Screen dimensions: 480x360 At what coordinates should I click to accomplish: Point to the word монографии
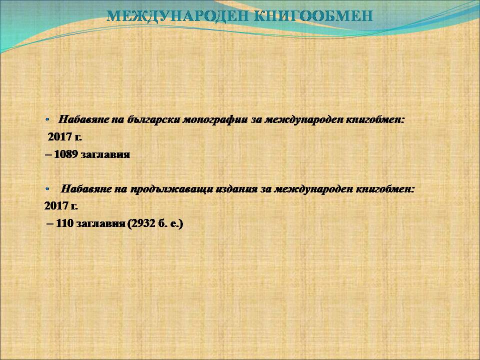pos(215,119)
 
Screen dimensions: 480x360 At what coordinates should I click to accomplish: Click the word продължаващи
pos(171,189)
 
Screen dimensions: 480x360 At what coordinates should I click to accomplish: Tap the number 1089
pos(66,154)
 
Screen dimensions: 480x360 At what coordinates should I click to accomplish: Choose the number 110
pos(64,223)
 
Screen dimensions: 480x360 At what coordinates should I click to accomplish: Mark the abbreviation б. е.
pos(168,223)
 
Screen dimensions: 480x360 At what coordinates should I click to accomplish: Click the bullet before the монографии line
pos(47,119)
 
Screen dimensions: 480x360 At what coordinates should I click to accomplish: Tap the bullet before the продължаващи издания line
pos(47,189)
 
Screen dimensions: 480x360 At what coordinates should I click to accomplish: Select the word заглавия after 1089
pos(105,154)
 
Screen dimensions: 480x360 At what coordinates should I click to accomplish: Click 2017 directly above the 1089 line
pos(65,136)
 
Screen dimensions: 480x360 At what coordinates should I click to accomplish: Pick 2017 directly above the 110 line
pos(61,205)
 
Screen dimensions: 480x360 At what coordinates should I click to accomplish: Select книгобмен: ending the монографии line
pos(375,119)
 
